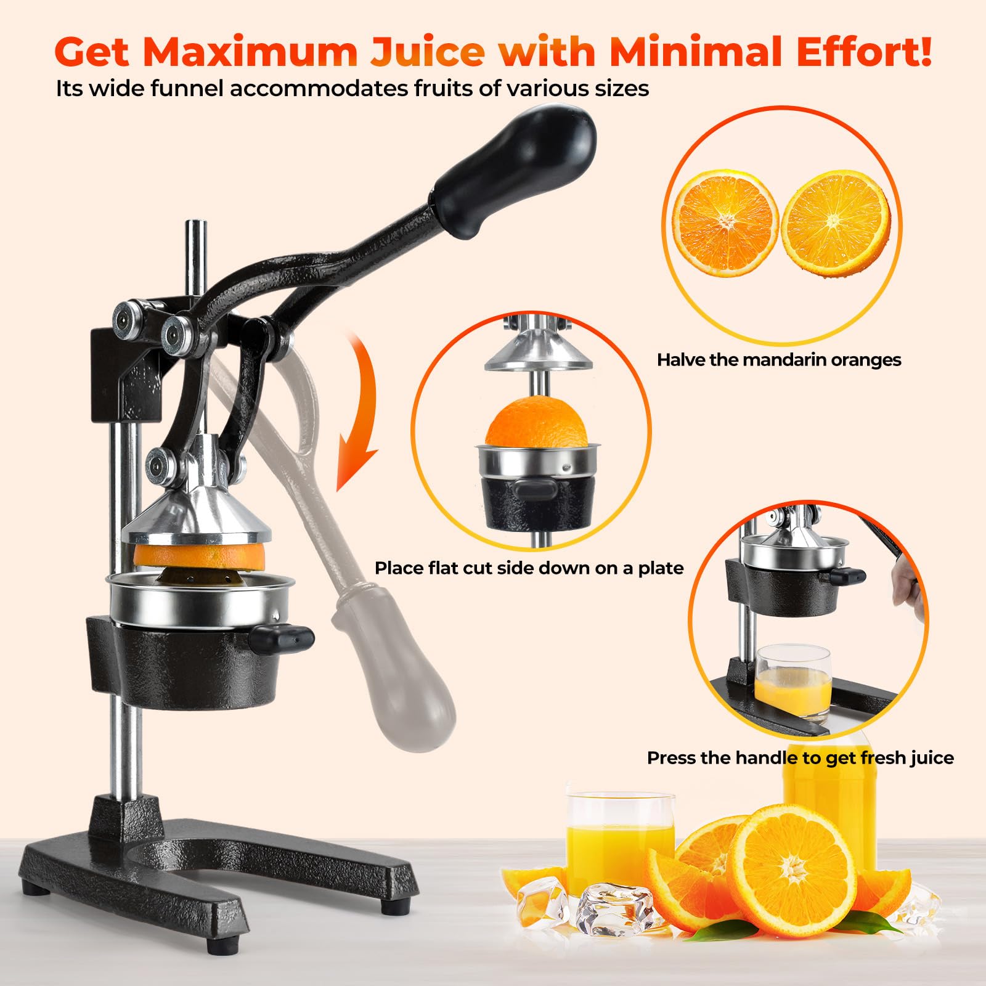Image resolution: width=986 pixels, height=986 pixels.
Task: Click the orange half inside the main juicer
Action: tap(198, 555)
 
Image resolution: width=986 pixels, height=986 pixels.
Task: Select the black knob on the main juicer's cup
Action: tap(282, 638)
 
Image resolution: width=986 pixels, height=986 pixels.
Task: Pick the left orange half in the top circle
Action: tap(724, 224)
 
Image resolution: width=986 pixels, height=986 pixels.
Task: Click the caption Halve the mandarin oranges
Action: tap(779, 360)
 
